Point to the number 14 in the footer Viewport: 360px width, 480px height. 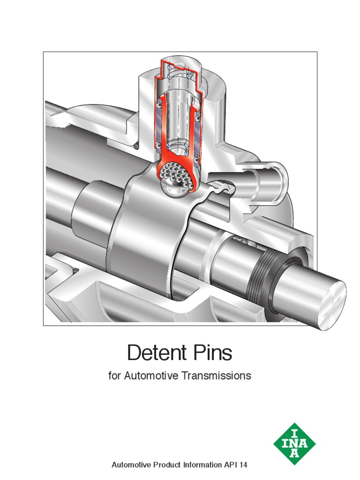(x=242, y=465)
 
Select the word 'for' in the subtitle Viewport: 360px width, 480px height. (x=114, y=375)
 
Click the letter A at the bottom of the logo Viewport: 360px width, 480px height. (x=294, y=454)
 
